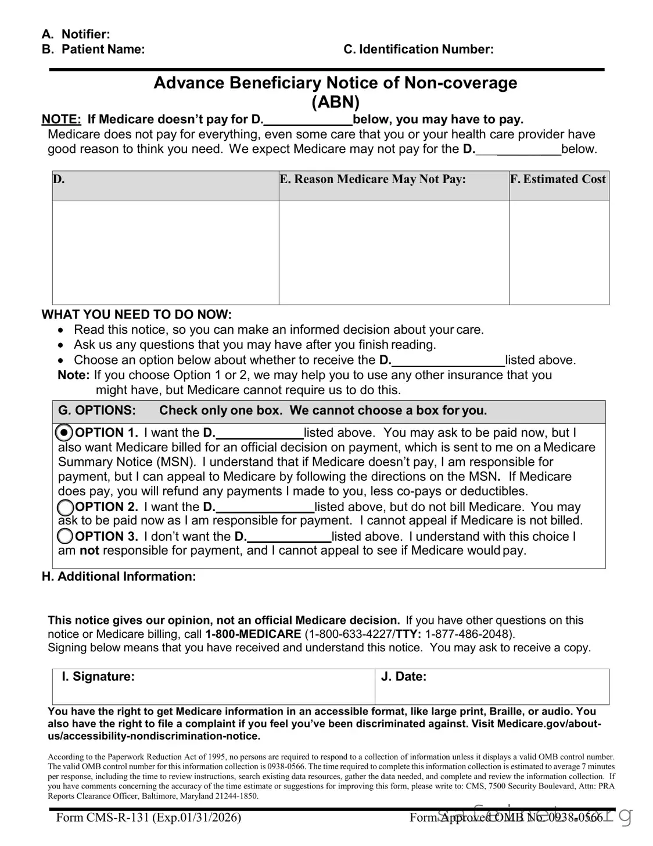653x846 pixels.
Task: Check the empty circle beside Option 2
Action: (66, 507)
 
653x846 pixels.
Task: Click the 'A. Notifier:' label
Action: (76, 34)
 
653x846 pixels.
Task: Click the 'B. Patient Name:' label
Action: (93, 49)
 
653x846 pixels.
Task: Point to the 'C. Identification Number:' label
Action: (418, 49)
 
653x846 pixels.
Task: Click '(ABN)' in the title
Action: (335, 102)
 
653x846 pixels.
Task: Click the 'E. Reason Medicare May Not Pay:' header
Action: (373, 179)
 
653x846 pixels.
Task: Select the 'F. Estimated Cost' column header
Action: (558, 179)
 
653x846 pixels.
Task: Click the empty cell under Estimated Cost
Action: (559, 252)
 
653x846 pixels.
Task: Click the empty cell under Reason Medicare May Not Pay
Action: (394, 252)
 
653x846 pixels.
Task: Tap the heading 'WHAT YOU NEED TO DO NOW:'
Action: (137, 315)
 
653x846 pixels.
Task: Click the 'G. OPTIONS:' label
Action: (97, 410)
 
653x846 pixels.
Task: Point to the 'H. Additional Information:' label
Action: (119, 577)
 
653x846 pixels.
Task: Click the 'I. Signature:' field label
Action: (98, 676)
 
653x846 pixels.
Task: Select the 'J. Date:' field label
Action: (403, 676)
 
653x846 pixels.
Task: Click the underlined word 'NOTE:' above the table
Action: (61, 120)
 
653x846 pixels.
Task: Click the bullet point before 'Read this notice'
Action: (62, 330)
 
